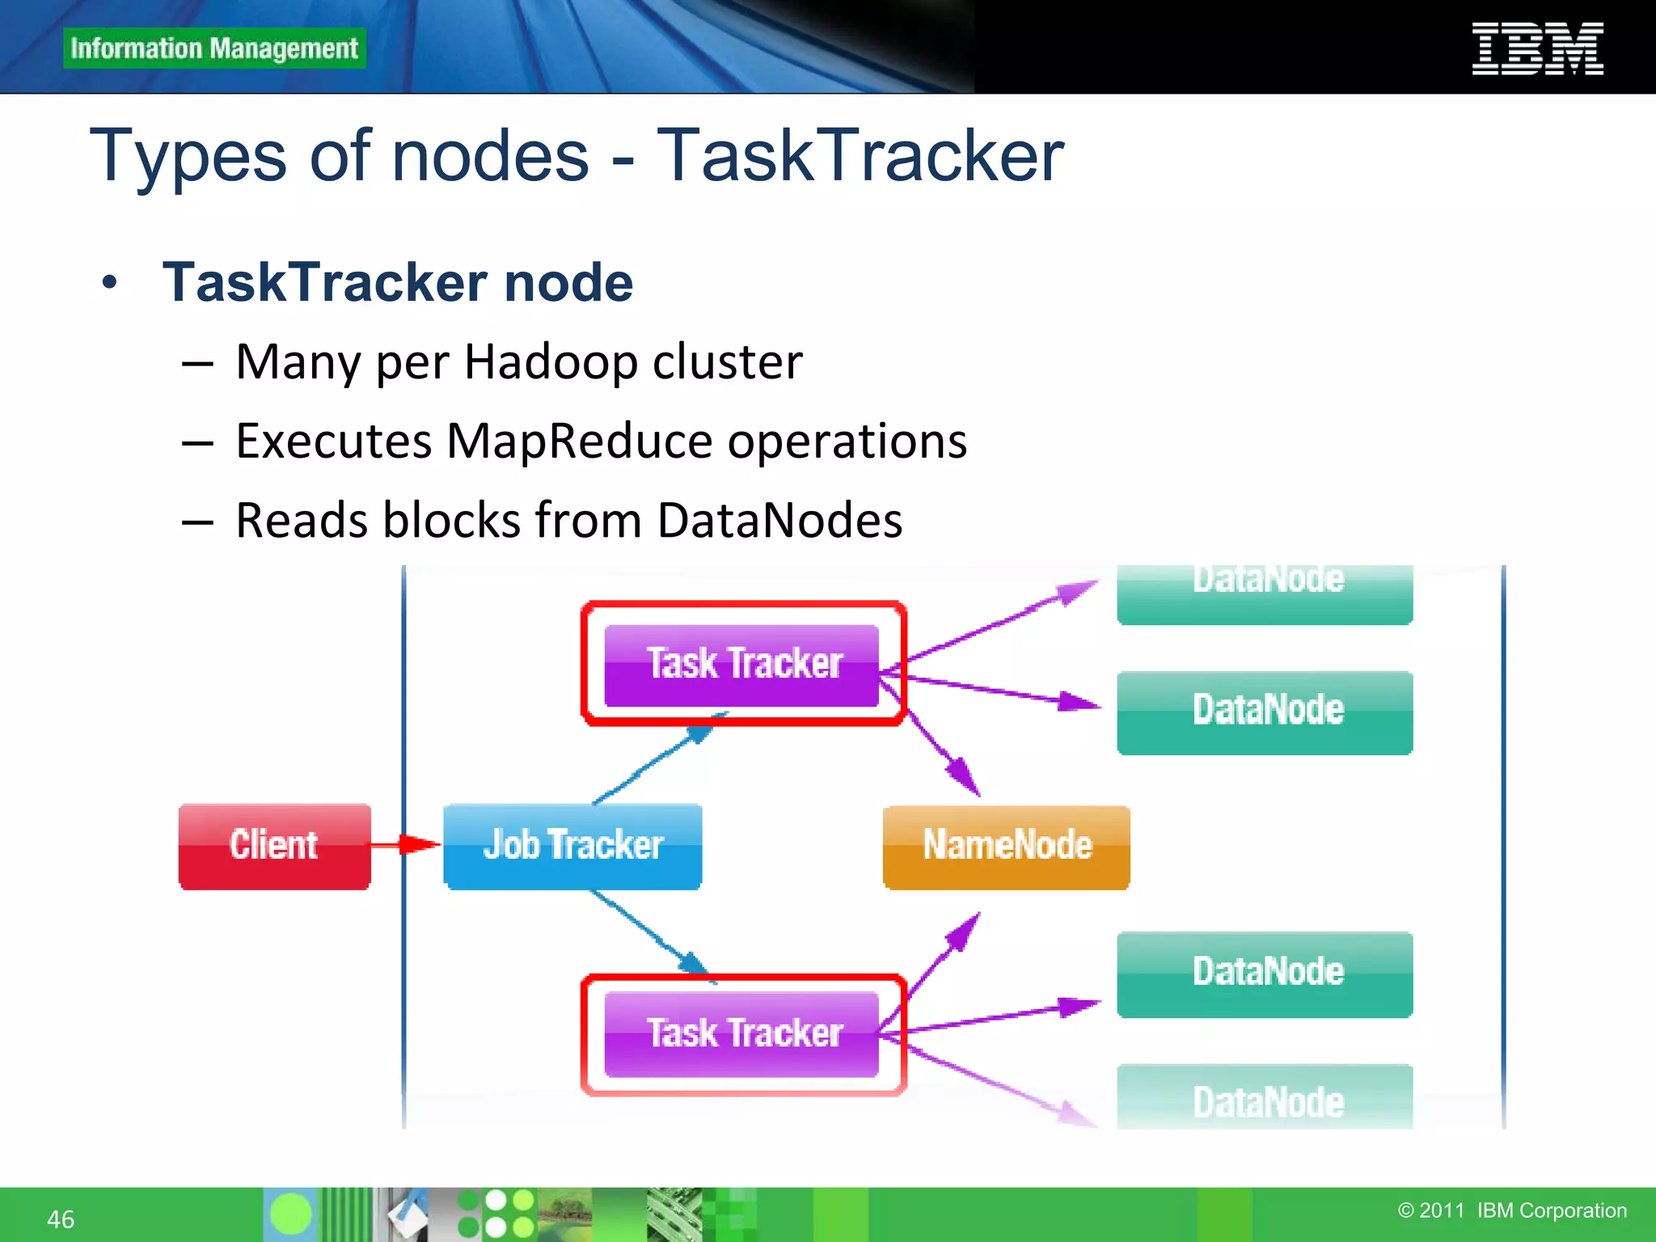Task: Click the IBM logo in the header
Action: coord(1537,49)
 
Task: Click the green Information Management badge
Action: coord(214,49)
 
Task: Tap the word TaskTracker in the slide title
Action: coord(860,155)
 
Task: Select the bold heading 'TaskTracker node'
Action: coord(397,282)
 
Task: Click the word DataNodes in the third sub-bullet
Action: coord(779,520)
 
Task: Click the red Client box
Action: coord(274,846)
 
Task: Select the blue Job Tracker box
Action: coord(572,846)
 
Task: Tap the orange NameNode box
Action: coord(1006,846)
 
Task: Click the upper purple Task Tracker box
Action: coord(741,665)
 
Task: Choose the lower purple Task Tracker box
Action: coord(741,1033)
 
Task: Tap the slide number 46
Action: coord(61,1219)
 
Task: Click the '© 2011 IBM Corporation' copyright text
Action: coord(1511,1210)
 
